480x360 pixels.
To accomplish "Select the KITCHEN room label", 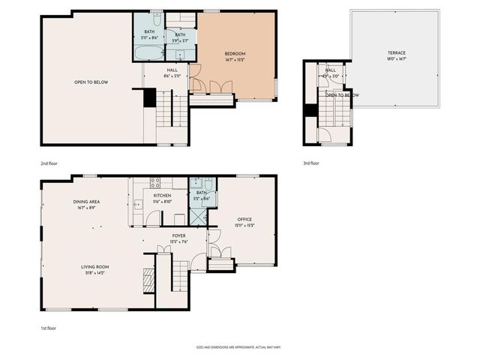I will pyautogui.click(x=163, y=195).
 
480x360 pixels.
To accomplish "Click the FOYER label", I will pyautogui.click(x=178, y=235).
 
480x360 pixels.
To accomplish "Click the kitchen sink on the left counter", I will pyautogui.click(x=136, y=204).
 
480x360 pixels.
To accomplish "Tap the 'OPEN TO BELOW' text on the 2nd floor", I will pyautogui.click(x=91, y=82).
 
